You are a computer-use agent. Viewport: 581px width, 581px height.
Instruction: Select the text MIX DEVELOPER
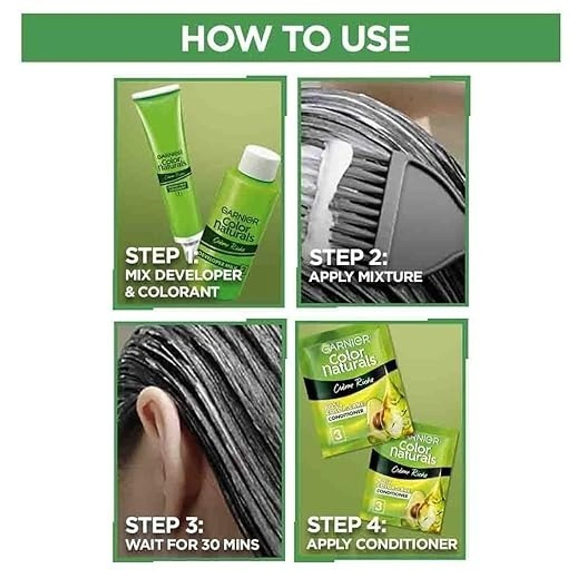point(183,275)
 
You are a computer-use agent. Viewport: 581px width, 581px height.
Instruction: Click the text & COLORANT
point(172,292)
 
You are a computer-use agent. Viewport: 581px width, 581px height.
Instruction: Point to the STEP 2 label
point(348,257)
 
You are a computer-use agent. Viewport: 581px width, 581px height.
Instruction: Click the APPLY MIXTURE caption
point(366,277)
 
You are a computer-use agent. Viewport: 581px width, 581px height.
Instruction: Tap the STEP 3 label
point(164,525)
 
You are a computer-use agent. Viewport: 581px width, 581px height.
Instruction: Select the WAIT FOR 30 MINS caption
point(192,544)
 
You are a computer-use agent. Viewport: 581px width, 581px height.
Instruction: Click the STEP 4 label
point(347,525)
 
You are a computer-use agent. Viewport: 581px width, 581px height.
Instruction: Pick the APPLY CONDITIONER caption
point(382,544)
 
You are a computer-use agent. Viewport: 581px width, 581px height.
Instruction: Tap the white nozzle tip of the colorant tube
point(187,240)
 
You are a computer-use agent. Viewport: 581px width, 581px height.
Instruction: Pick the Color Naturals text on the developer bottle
point(235,228)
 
